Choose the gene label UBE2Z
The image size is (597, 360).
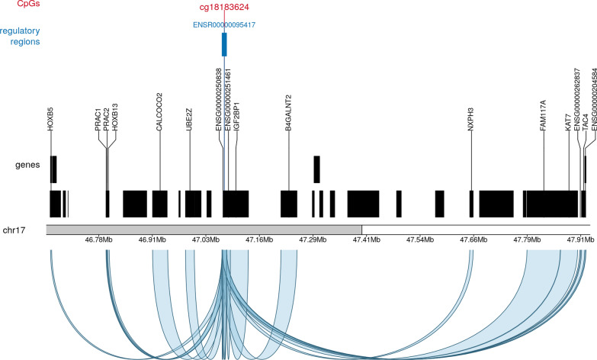click(189, 120)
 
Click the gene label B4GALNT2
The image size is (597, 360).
click(288, 113)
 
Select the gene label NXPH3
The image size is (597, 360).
click(471, 120)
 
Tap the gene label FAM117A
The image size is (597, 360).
click(544, 115)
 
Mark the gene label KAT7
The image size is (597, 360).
click(568, 123)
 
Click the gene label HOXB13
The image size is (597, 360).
click(115, 119)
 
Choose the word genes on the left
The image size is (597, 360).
click(27, 185)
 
